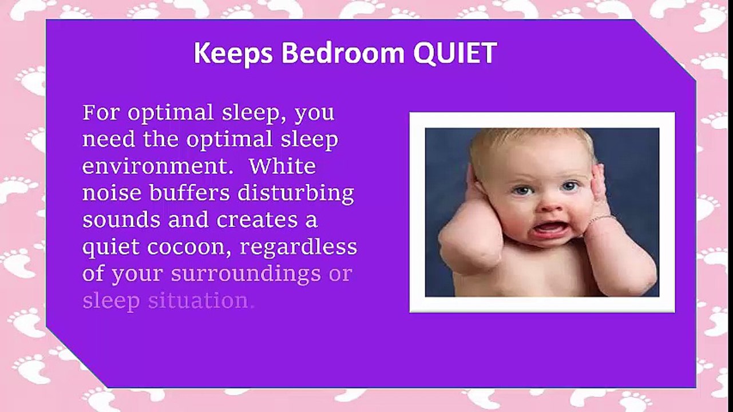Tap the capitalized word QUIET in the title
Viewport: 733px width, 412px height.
tap(454, 54)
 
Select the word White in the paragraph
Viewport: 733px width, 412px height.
tap(282, 167)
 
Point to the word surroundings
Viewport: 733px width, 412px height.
tap(246, 274)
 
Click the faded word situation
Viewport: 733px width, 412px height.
tap(199, 301)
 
